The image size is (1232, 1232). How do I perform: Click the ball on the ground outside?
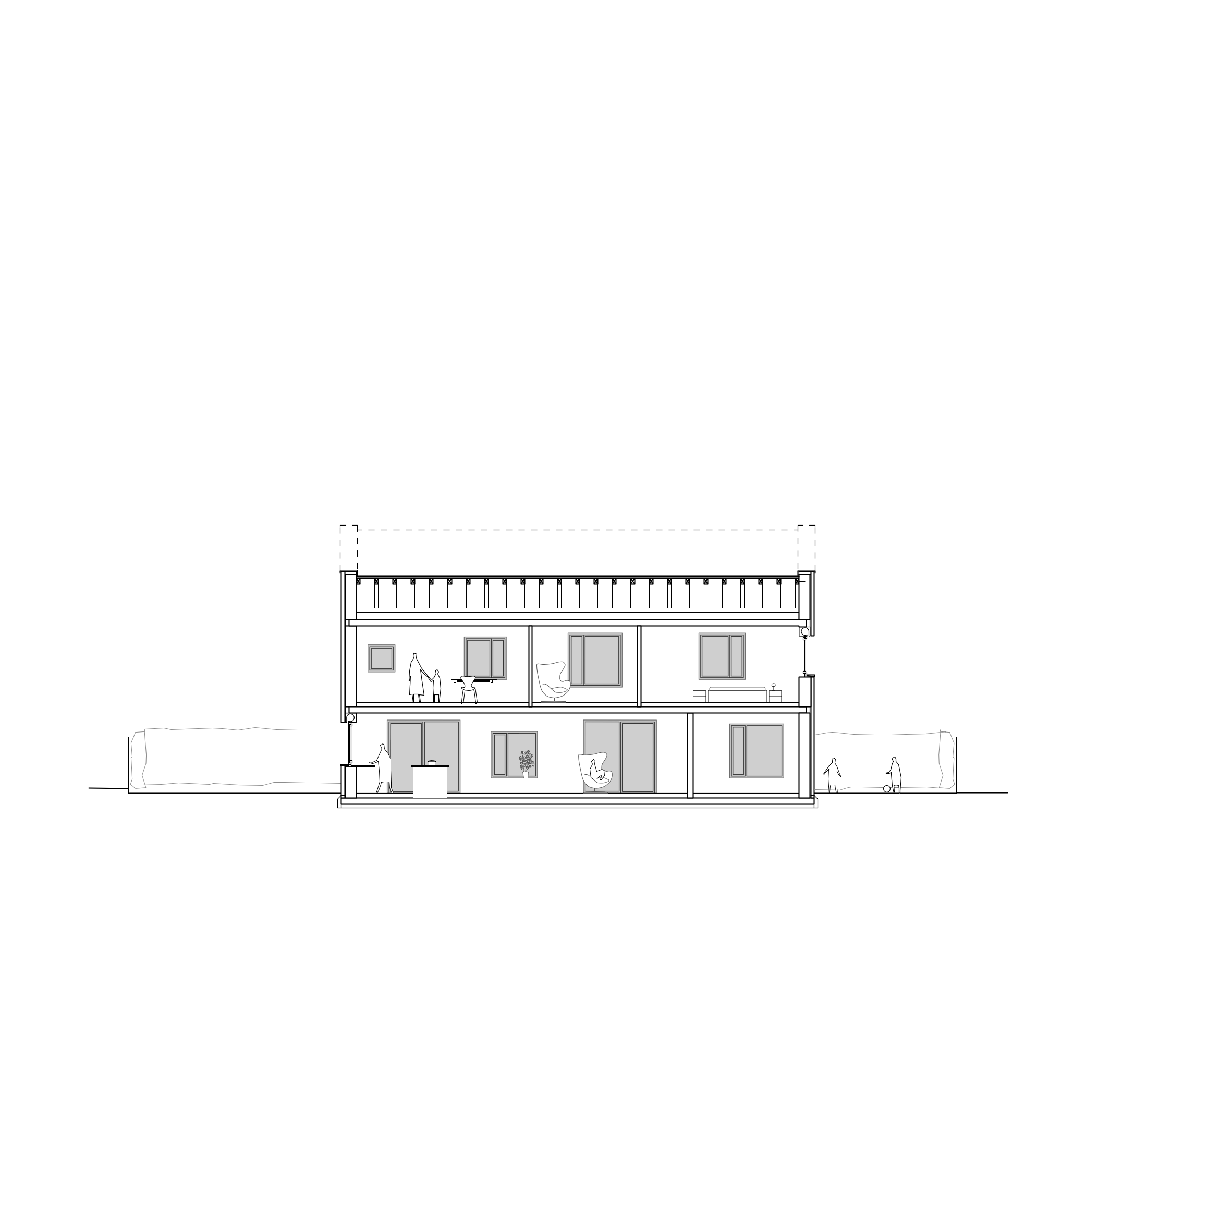pyautogui.click(x=886, y=789)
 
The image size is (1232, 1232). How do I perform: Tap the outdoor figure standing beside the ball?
pyautogui.click(x=895, y=774)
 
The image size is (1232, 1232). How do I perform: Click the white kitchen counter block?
pyautogui.click(x=431, y=781)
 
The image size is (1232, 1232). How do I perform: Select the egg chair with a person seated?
pyautogui.click(x=594, y=772)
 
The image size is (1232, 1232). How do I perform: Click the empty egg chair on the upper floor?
pyautogui.click(x=552, y=681)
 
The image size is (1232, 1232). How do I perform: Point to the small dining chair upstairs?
pyautogui.click(x=469, y=689)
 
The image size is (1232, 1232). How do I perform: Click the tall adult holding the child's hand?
pyautogui.click(x=416, y=677)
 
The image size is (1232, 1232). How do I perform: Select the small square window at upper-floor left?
pyautogui.click(x=381, y=658)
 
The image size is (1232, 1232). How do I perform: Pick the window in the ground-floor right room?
pyautogui.click(x=757, y=751)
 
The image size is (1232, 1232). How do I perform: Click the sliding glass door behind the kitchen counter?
pyautogui.click(x=423, y=743)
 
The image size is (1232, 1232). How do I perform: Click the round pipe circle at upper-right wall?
pyautogui.click(x=805, y=632)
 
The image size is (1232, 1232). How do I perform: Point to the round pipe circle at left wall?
pyautogui.click(x=350, y=718)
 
